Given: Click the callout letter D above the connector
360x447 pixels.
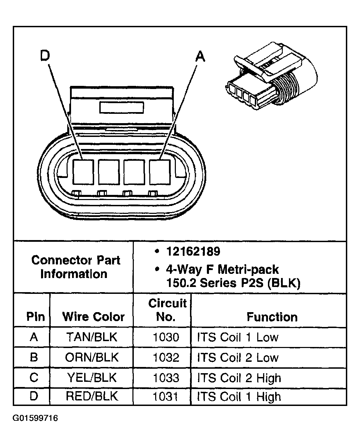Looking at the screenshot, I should click(x=45, y=56).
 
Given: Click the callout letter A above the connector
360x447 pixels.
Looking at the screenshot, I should click(x=200, y=56).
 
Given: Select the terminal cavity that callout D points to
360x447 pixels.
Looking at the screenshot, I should click(x=83, y=172).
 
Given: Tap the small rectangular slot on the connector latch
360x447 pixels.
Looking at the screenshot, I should click(x=121, y=108).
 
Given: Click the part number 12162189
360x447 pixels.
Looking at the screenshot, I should click(x=193, y=251).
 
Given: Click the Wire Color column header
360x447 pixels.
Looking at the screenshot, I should click(x=93, y=317).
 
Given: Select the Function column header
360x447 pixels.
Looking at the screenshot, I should click(x=272, y=317).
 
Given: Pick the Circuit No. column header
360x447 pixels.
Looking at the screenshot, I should click(x=167, y=310).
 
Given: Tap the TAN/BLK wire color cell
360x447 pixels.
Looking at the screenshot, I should click(x=92, y=337).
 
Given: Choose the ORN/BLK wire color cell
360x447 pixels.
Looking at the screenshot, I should click(x=92, y=357).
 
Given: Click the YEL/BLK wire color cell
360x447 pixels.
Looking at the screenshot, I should click(x=92, y=378).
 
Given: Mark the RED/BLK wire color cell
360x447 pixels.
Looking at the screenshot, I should click(x=92, y=396).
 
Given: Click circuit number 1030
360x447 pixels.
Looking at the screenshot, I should click(x=166, y=337).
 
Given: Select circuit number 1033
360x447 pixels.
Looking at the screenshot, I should click(x=166, y=378).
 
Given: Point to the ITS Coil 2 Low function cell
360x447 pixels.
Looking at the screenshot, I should click(x=238, y=357).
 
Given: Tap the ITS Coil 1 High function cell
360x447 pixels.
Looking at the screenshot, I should click(x=239, y=396).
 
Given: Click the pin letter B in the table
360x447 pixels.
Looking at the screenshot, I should click(x=33, y=357).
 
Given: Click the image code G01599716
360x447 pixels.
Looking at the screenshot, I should click(x=36, y=418).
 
